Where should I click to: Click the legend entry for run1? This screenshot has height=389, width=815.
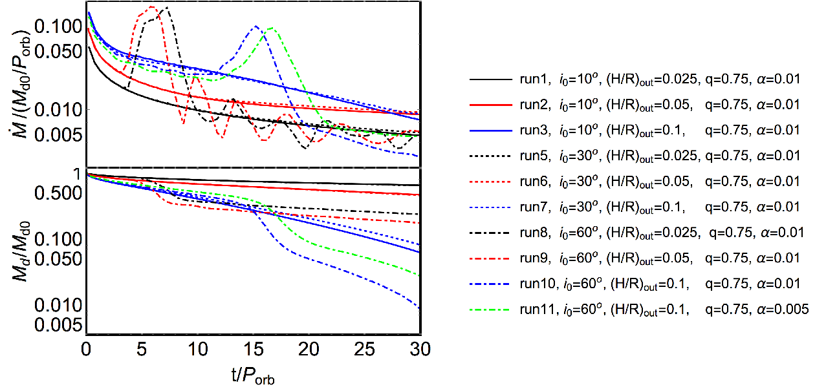click(635, 79)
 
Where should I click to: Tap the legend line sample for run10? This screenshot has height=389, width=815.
click(490, 284)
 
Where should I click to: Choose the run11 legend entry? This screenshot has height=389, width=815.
click(639, 310)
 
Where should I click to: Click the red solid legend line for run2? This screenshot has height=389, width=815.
click(490, 105)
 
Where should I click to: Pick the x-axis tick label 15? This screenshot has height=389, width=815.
click(254, 350)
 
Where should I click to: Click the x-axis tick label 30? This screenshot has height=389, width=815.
click(420, 350)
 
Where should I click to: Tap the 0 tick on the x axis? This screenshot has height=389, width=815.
click(86, 350)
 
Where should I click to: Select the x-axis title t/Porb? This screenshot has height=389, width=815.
click(253, 375)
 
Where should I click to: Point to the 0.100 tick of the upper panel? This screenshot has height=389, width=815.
click(58, 26)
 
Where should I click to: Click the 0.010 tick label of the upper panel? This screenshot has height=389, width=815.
click(58, 109)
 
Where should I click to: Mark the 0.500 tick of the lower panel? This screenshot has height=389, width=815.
click(58, 193)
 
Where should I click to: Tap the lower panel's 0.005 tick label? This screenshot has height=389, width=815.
click(58, 324)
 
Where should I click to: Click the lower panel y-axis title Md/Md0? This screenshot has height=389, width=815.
click(21, 251)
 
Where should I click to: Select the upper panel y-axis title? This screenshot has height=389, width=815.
click(21, 85)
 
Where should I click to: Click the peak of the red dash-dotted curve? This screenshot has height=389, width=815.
click(152, 6)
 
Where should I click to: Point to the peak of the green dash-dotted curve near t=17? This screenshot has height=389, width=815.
click(271, 28)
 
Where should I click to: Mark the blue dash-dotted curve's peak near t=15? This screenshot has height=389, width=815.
click(256, 26)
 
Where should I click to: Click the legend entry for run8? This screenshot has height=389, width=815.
click(636, 233)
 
